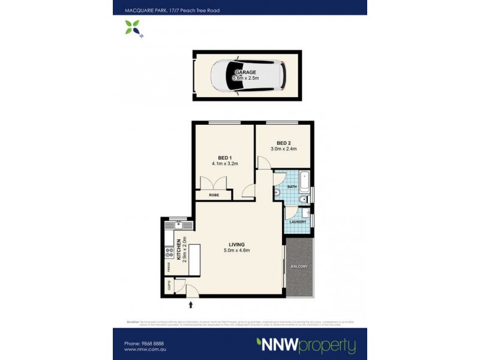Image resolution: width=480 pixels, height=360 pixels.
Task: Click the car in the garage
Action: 248,76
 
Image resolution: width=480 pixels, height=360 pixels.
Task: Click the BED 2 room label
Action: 284,143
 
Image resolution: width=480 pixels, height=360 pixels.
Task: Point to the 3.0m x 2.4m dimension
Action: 284,149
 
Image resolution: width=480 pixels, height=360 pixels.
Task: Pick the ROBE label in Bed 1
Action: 214,195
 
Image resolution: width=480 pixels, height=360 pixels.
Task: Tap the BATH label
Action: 292,187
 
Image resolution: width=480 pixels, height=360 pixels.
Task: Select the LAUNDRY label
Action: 298,222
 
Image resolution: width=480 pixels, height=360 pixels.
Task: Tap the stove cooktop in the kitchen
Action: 170,253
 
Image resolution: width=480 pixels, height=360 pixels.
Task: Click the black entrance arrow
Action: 191,305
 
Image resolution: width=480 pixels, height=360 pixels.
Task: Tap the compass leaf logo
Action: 133,27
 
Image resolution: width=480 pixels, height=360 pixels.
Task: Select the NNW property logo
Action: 305,346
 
